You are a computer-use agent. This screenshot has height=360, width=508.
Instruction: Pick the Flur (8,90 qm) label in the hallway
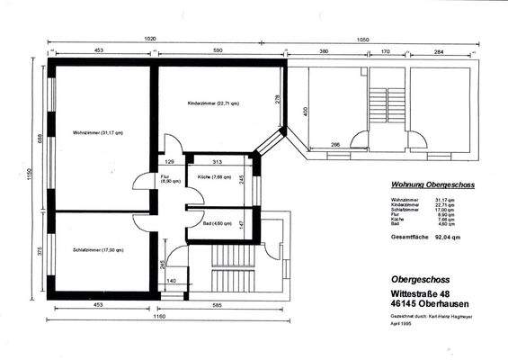[168, 178]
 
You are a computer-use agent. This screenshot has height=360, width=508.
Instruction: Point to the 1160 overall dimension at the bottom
[158, 318]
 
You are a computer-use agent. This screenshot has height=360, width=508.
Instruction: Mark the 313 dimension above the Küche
[217, 161]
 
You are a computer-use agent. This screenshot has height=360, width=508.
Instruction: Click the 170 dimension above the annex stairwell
[385, 52]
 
